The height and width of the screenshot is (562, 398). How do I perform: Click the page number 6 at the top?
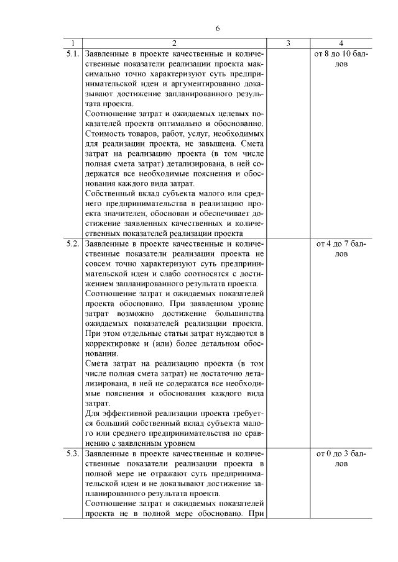[218, 29]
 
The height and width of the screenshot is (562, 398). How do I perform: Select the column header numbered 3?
[288, 43]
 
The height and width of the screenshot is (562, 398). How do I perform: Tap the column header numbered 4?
[341, 43]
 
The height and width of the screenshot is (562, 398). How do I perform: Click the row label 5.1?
[72, 54]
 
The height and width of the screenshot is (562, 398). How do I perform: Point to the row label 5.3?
[72, 454]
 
